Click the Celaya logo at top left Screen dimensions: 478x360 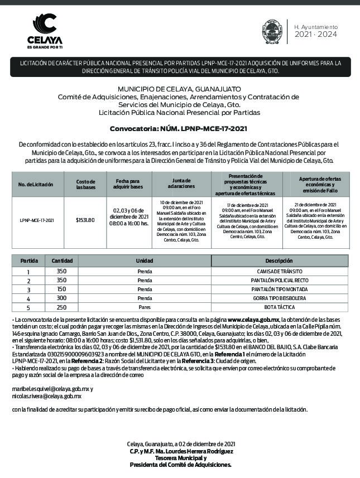click(x=45, y=31)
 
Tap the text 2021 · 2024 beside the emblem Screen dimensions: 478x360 click(x=316, y=35)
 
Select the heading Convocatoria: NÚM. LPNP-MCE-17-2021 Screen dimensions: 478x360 click(x=178, y=129)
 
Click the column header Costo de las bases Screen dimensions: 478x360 click(x=85, y=184)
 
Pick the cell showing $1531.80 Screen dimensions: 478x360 click(x=85, y=220)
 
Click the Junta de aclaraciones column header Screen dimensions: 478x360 click(x=181, y=182)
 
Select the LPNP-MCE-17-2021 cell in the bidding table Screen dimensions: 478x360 click(x=36, y=220)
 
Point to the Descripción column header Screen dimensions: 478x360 click(x=279, y=260)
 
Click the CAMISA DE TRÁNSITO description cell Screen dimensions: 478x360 click(x=279, y=271)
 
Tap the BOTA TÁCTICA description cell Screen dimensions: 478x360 click(x=279, y=307)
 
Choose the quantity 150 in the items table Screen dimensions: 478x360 click(x=61, y=289)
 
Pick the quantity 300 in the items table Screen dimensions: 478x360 click(x=61, y=298)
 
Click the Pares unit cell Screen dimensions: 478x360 click(x=145, y=307)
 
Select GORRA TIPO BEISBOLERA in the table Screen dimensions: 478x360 click(x=279, y=298)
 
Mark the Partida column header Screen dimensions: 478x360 click(x=29, y=260)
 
